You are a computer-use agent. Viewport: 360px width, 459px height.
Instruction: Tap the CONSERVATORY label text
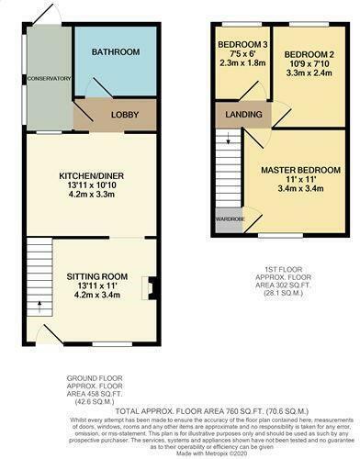48,79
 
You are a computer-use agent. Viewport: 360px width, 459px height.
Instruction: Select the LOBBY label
124,116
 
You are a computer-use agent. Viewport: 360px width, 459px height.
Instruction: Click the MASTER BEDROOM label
297,171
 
